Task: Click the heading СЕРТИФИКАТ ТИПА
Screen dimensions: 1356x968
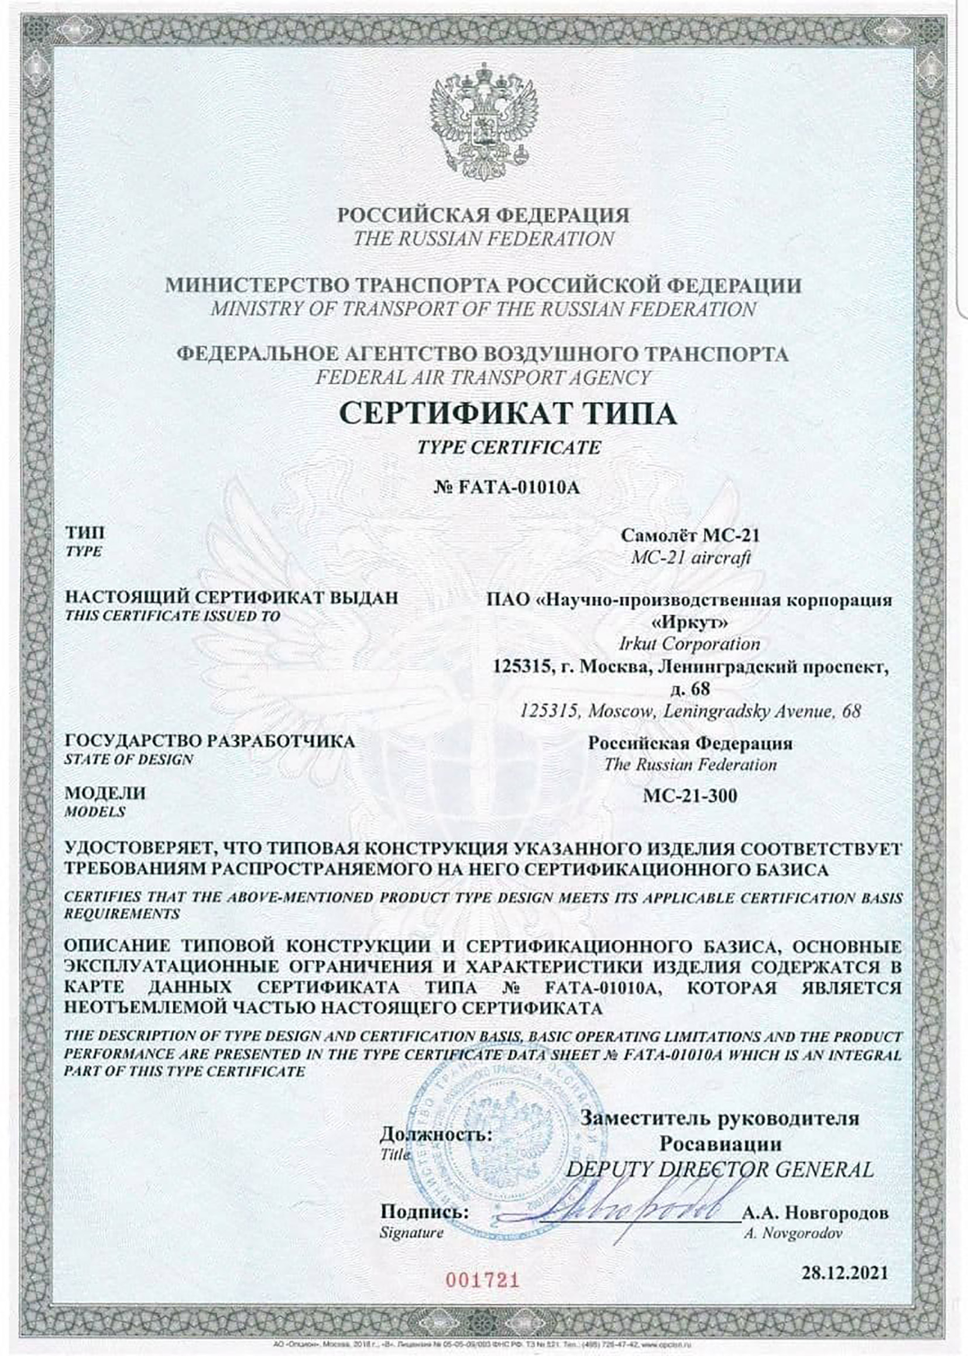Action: pyautogui.click(x=509, y=413)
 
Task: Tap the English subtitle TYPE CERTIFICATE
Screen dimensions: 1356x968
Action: pyautogui.click(x=509, y=447)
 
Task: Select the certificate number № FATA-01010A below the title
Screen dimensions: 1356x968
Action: pyautogui.click(x=509, y=487)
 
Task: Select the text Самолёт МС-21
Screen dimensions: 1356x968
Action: pyautogui.click(x=690, y=536)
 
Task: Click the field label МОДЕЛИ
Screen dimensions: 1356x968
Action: pyautogui.click(x=105, y=794)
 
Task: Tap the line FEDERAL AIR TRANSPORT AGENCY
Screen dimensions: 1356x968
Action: pyautogui.click(x=483, y=377)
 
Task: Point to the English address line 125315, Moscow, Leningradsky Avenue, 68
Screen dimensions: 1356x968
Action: pyautogui.click(x=690, y=711)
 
